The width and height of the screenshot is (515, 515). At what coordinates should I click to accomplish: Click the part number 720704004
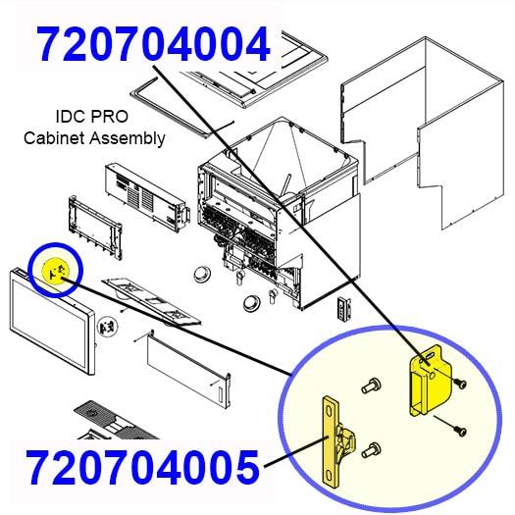[x=152, y=45]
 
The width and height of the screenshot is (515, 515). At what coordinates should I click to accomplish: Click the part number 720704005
[x=142, y=466]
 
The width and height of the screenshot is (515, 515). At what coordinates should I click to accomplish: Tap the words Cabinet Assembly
[x=94, y=137]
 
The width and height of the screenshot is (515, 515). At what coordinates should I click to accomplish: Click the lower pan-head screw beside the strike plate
[x=370, y=450]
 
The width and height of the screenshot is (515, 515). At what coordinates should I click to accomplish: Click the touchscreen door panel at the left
[x=54, y=324]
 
